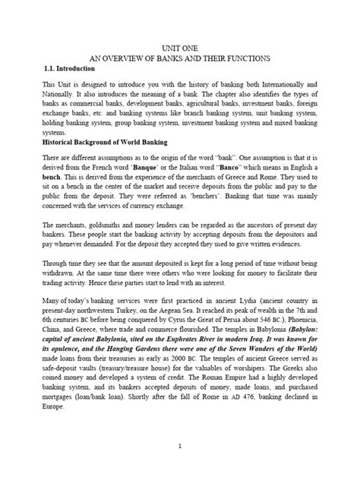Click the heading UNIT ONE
click(x=179, y=47)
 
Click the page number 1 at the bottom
click(x=179, y=447)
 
